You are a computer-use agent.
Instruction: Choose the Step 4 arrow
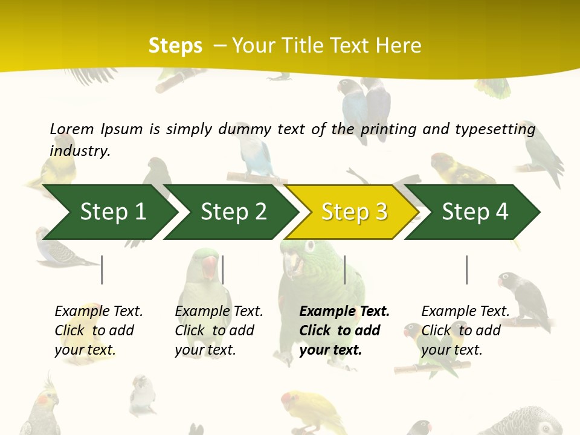[474, 212]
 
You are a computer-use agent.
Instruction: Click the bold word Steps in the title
[175, 46]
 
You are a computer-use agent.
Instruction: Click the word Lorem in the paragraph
[72, 129]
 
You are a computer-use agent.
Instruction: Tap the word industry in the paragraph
[80, 150]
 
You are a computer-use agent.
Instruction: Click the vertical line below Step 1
[102, 269]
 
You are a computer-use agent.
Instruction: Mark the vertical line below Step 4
[466, 269]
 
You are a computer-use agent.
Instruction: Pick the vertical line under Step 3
[344, 269]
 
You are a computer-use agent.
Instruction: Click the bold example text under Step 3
[343, 330]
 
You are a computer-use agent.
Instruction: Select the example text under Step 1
[98, 330]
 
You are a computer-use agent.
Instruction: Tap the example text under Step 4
[465, 330]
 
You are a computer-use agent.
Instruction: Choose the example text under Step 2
[218, 330]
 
